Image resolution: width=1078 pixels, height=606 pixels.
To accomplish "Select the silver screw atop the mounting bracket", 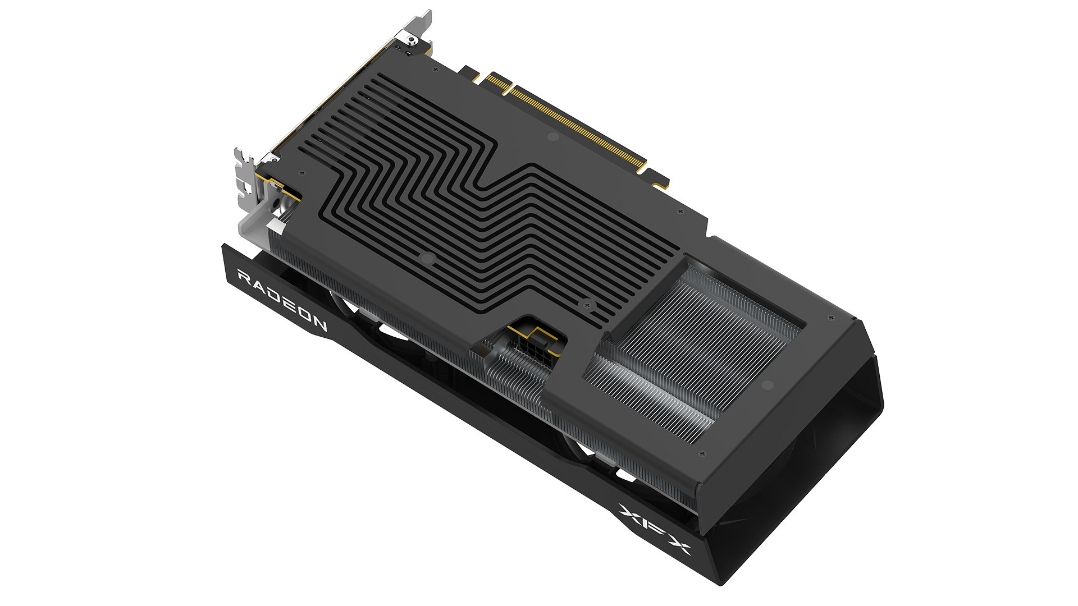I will pyautogui.click(x=412, y=39).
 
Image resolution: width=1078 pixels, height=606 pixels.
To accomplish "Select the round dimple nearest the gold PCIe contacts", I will pyautogui.click(x=552, y=136).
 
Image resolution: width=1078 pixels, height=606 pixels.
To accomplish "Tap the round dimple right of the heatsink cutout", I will pyautogui.click(x=767, y=385).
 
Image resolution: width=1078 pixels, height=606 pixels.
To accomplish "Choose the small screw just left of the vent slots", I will pyautogui.click(x=303, y=173).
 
